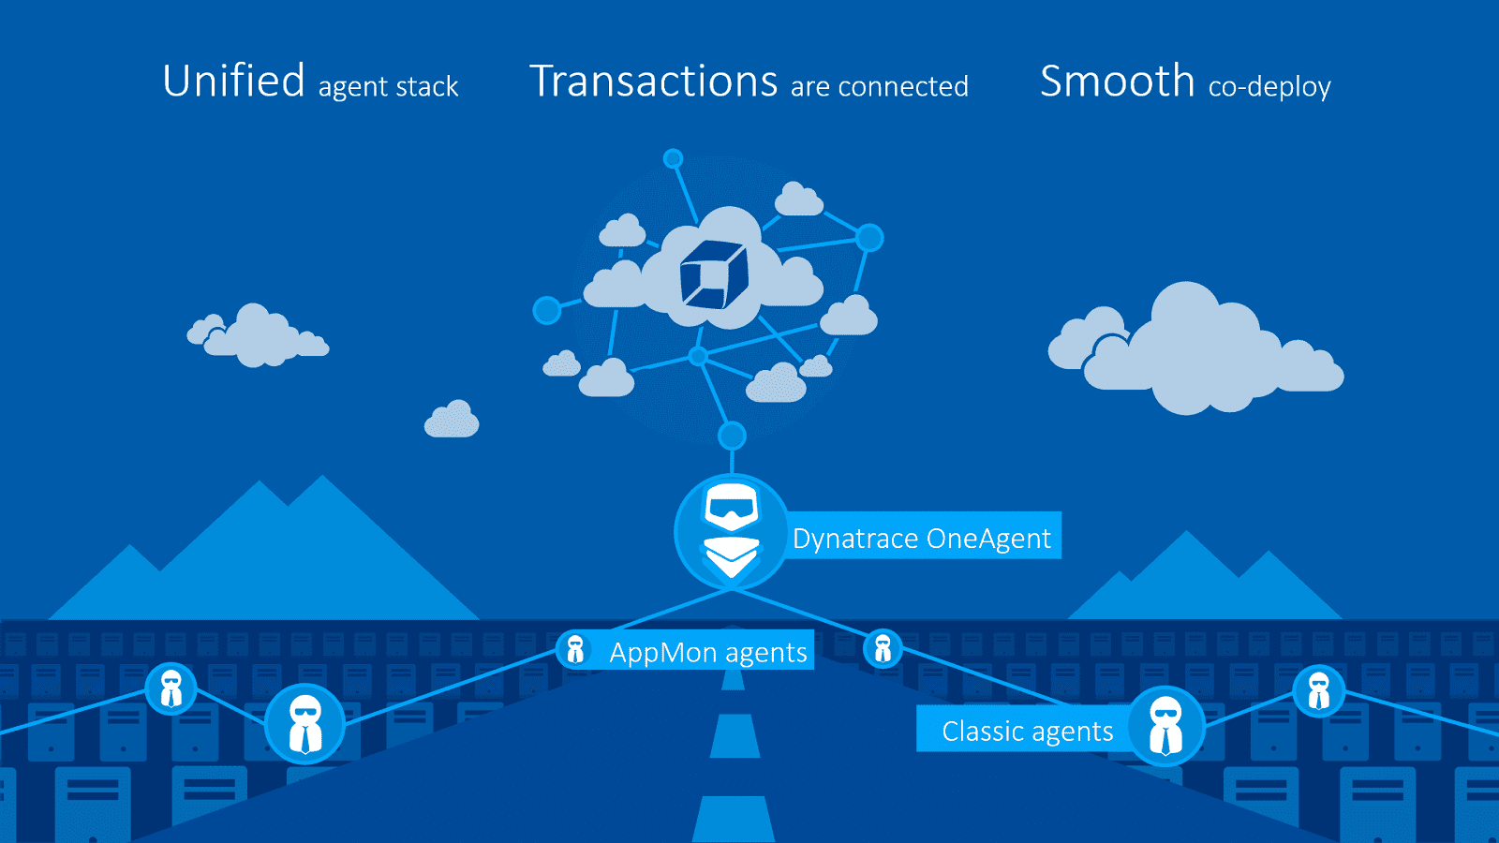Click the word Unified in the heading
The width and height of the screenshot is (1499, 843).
(x=233, y=81)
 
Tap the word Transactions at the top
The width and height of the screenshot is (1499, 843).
(x=653, y=81)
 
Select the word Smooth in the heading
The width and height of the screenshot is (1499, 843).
(x=1117, y=81)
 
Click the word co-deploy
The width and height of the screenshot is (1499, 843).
(x=1269, y=87)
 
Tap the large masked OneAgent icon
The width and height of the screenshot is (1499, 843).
(x=732, y=532)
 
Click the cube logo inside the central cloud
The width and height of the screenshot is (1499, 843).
(x=713, y=274)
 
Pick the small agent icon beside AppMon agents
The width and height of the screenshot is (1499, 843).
(x=575, y=649)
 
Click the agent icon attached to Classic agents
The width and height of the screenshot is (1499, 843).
(x=1165, y=726)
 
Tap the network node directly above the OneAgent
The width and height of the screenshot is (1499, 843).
(x=732, y=436)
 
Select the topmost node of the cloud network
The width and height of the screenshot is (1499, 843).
(x=673, y=158)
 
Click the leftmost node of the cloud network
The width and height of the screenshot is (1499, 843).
(x=547, y=310)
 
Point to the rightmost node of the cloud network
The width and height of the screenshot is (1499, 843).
(x=869, y=238)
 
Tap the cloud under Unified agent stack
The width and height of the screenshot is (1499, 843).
(x=258, y=336)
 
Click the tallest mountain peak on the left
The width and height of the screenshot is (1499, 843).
(x=323, y=477)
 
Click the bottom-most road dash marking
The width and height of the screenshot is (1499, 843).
(x=734, y=819)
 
